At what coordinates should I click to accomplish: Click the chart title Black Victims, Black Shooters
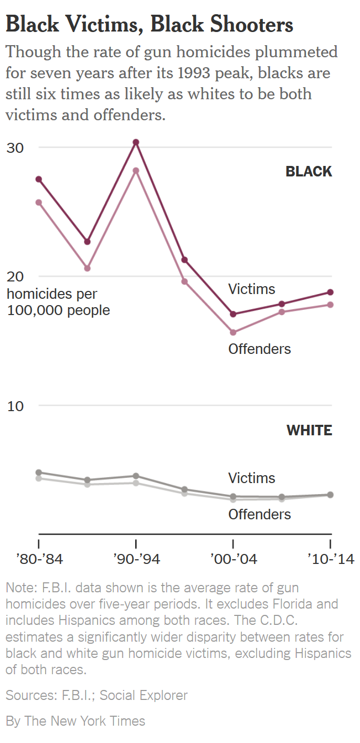150,24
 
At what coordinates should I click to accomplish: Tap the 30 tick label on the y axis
15,148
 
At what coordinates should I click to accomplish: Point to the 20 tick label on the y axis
15,277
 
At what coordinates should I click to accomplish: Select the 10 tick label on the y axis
15,406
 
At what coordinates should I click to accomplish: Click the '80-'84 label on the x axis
40,559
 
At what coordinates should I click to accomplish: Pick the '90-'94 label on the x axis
136,559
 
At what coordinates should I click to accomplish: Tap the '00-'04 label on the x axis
234,559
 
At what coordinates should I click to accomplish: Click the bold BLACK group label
309,172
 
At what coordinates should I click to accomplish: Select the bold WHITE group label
309,431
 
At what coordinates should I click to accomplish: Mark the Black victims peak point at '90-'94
136,142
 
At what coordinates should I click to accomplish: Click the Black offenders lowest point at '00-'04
233,332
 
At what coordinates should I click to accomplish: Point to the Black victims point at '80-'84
38,179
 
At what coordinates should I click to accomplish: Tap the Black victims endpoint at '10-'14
330,292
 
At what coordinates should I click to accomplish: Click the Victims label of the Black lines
251,289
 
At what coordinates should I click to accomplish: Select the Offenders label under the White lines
259,514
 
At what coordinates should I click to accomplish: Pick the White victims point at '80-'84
38,473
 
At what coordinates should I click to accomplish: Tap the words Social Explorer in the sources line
143,696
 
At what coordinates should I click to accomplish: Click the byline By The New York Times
76,721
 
